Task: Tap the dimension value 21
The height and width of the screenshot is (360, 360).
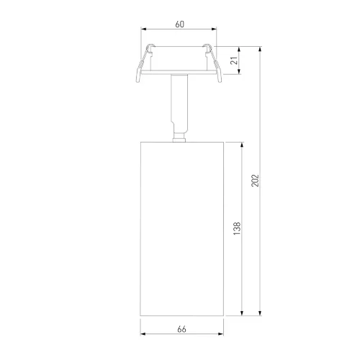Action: (233, 60)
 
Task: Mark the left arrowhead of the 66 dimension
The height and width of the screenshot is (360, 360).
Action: (142, 335)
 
